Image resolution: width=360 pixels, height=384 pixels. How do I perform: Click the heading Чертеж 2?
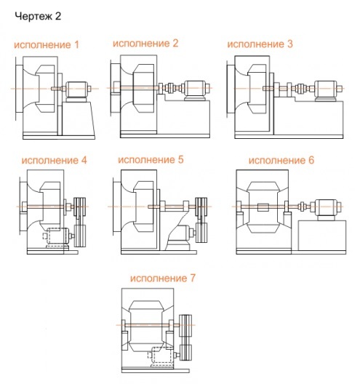38,17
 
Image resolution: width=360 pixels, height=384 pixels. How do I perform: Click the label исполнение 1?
47,45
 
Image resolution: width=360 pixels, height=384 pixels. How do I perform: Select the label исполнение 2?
145,44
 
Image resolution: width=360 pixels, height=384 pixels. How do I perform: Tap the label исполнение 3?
260,44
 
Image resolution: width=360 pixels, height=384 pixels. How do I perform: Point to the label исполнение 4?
54,161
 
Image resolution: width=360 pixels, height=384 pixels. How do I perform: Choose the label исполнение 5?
151,160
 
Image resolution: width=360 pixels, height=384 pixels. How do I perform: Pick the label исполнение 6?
281,161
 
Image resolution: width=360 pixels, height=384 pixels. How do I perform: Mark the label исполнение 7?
163,279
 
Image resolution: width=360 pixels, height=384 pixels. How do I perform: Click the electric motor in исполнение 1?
76,92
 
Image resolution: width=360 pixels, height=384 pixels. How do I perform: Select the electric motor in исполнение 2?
196,90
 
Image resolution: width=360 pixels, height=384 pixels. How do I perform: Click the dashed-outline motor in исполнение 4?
57,238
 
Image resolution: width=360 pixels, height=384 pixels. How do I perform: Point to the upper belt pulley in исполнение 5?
201,207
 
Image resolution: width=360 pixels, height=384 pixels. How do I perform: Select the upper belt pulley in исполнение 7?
185,326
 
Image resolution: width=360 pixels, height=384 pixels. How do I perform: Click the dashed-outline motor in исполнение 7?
161,357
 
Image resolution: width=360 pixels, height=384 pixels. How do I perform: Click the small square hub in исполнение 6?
263,207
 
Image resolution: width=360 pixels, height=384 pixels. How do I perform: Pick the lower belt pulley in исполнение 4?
80,236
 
